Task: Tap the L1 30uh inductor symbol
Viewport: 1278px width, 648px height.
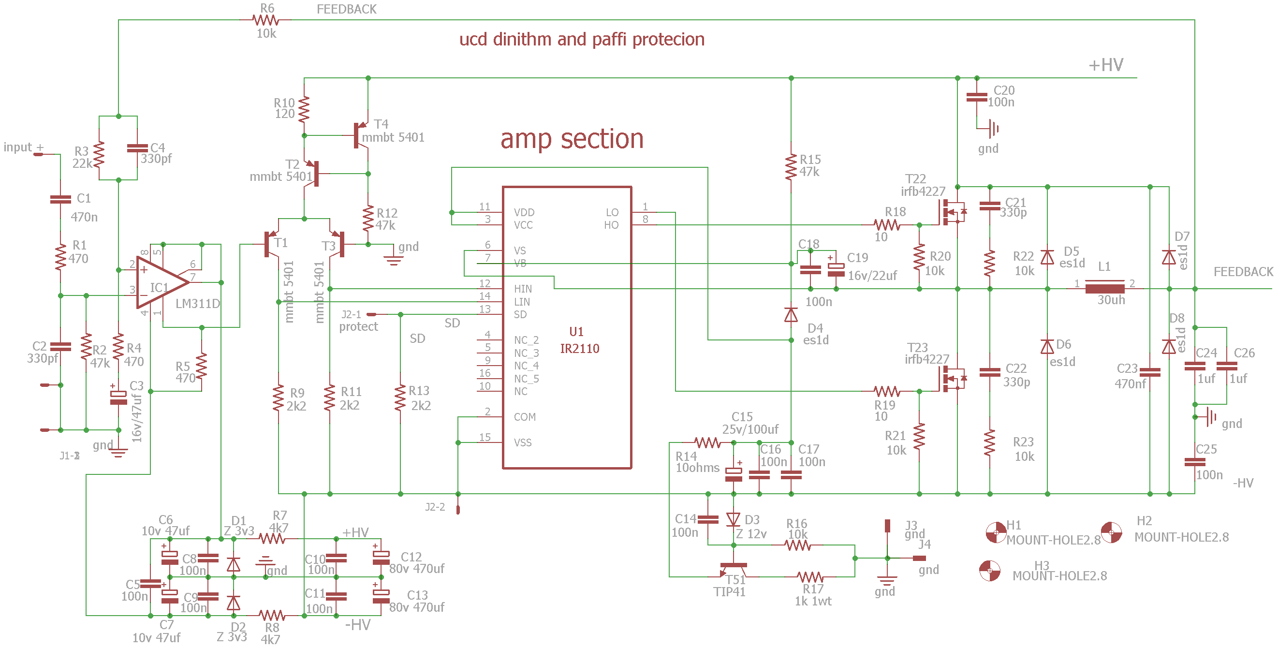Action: [1104, 288]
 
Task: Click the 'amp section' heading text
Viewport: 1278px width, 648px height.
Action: [572, 139]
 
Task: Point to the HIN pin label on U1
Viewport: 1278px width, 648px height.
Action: [523, 289]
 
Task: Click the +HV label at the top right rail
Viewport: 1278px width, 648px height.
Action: [1106, 65]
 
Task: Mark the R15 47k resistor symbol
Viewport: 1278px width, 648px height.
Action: [791, 167]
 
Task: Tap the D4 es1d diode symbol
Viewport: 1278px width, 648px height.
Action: [791, 315]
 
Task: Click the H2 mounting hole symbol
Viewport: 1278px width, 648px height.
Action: [1111, 532]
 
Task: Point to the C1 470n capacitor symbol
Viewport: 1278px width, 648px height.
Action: [60, 199]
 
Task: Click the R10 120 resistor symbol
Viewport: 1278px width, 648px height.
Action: [304, 109]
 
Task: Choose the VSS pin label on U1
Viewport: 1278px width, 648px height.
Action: [522, 442]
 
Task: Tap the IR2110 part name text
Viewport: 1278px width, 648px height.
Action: [579, 349]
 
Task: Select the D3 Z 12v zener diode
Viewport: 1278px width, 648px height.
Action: [733, 519]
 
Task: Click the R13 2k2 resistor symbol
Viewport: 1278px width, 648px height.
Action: [400, 398]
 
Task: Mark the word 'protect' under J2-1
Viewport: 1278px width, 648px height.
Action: [358, 326]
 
